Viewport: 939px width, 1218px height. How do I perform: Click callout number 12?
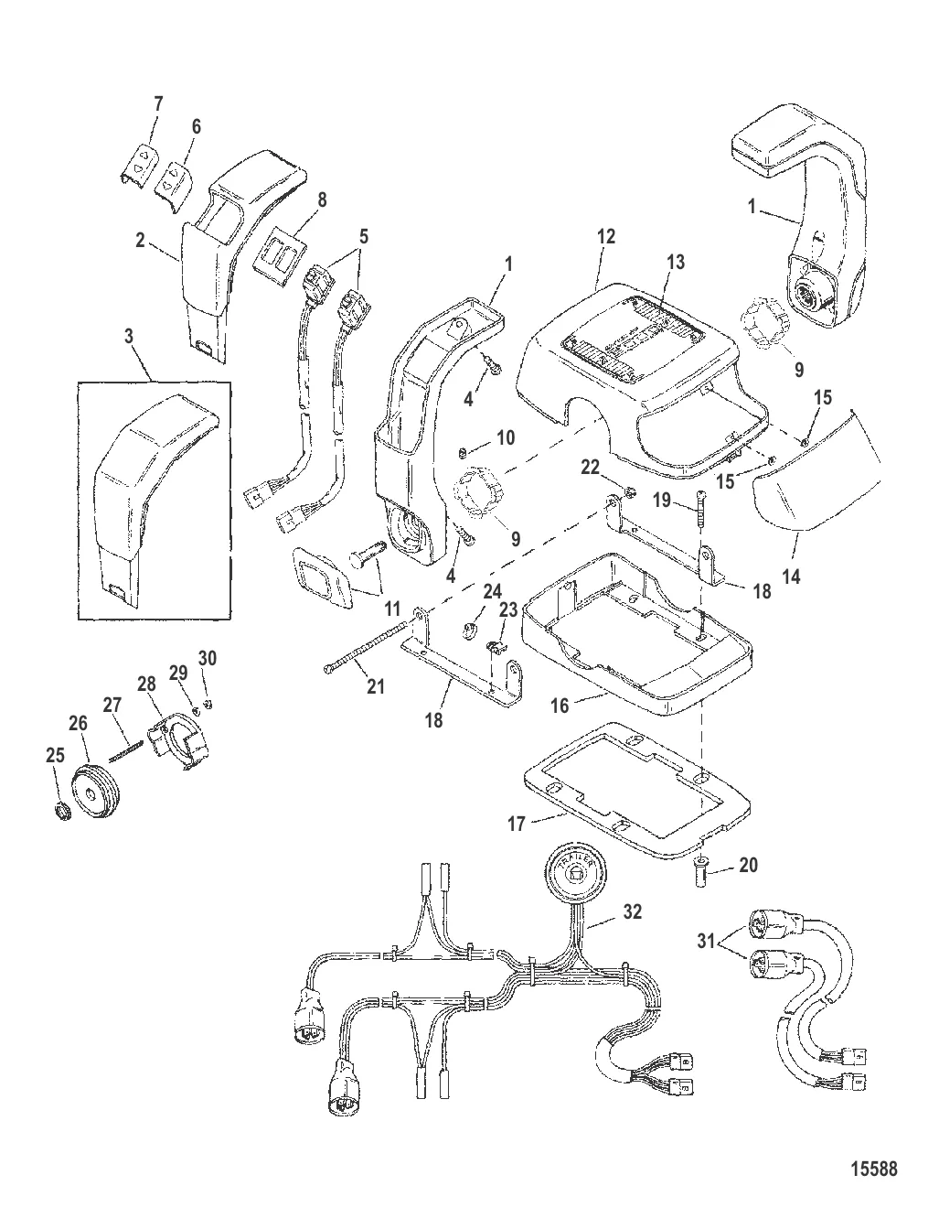(x=605, y=236)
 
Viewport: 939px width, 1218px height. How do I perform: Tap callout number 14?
(x=792, y=577)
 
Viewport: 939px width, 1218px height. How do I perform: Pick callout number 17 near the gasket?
(x=516, y=824)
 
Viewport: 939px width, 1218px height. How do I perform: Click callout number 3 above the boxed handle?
(x=129, y=337)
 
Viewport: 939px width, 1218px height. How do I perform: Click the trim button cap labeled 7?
(x=140, y=160)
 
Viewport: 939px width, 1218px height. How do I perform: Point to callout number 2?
(x=140, y=240)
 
